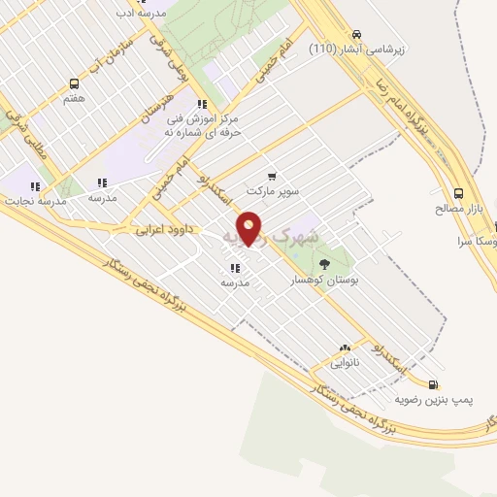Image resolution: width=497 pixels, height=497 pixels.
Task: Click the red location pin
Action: tap(249, 228)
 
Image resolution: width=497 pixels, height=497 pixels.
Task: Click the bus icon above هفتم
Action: tap(75, 84)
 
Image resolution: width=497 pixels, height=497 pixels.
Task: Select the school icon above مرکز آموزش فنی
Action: tap(201, 104)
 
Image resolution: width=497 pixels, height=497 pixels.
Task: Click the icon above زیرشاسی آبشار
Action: tap(357, 32)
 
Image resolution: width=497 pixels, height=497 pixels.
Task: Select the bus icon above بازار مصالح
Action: tap(458, 192)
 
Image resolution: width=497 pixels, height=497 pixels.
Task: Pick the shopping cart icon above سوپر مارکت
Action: tap(271, 177)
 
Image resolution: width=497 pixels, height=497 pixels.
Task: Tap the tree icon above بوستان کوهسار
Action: tap(324, 262)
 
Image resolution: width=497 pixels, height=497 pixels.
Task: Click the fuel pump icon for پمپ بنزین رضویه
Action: tap(433, 384)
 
